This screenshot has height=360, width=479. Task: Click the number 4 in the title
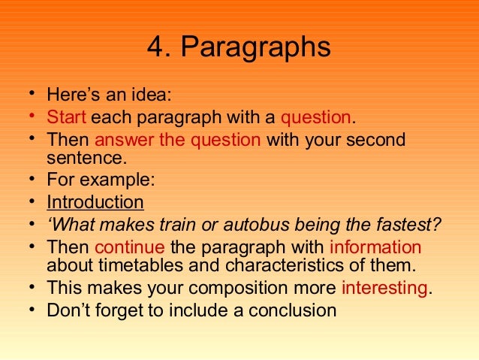tap(155, 48)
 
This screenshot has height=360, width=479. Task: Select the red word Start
tap(67, 117)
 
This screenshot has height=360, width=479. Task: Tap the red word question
tap(315, 117)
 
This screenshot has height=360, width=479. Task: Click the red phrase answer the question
tap(178, 140)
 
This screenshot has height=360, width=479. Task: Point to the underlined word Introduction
tap(95, 202)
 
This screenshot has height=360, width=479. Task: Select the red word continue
tap(130, 247)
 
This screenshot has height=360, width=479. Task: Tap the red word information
tap(375, 247)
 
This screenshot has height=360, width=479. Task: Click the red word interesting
tap(384, 287)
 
